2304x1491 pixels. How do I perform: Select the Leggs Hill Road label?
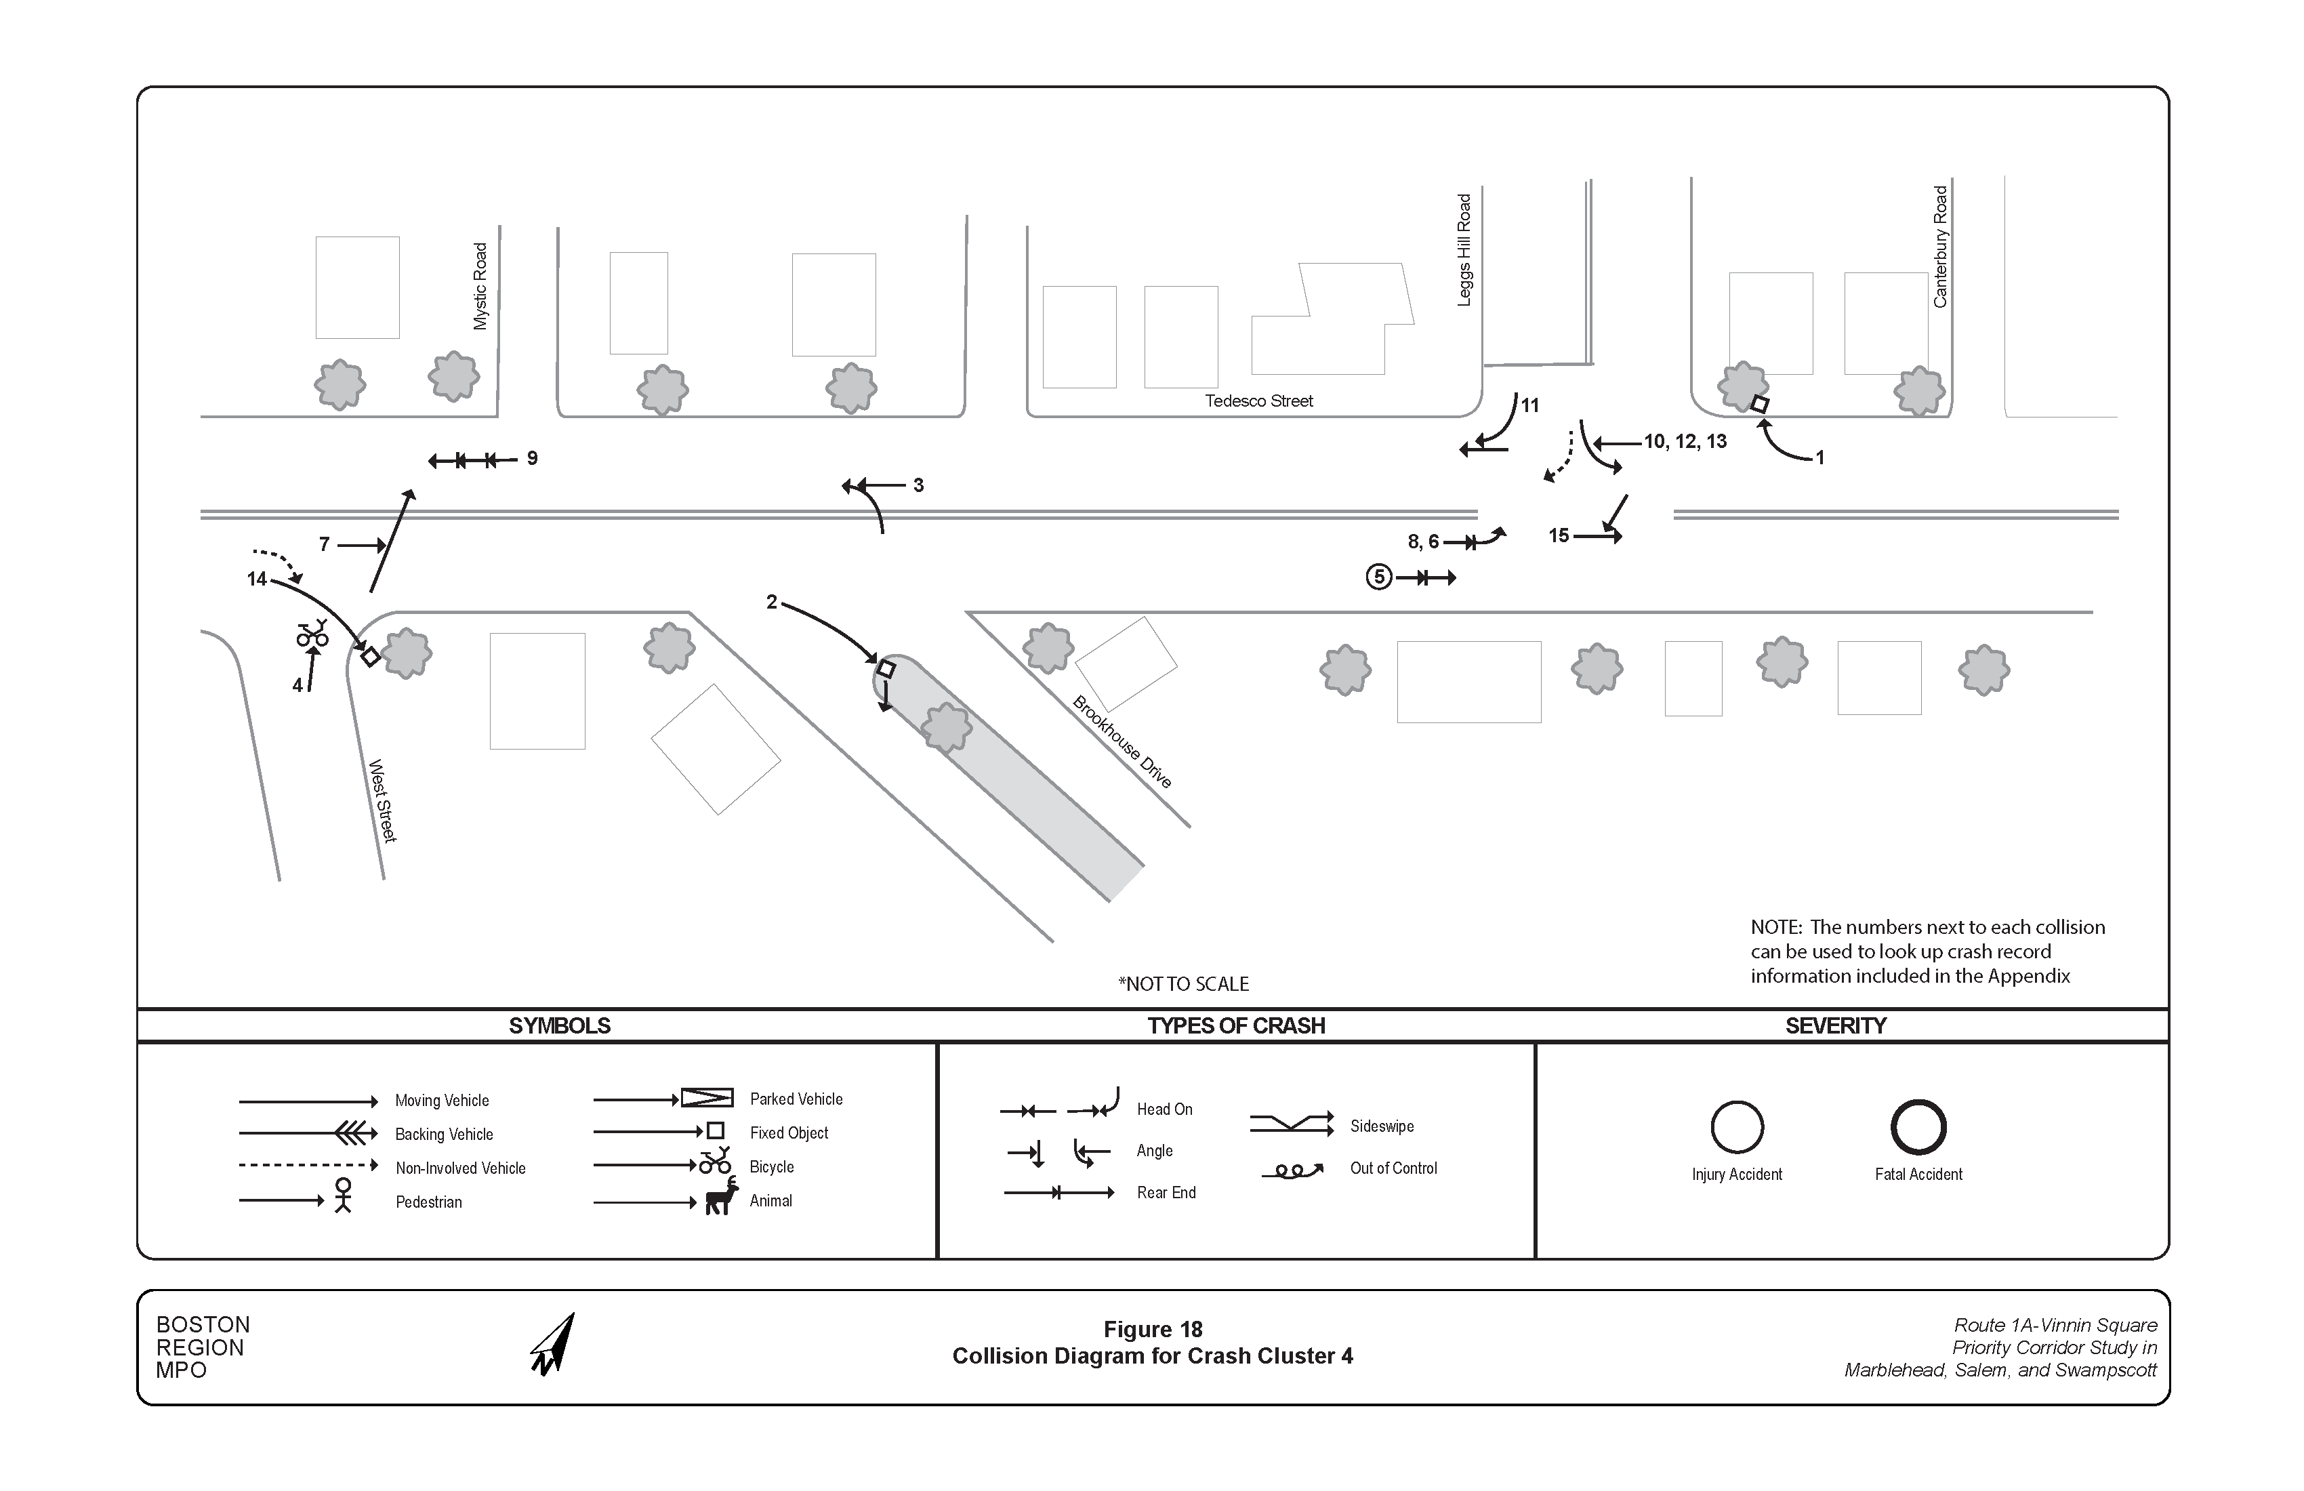click(x=1464, y=251)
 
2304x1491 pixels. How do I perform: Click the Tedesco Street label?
click(x=1258, y=401)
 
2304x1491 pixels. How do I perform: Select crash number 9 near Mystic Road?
click(x=531, y=459)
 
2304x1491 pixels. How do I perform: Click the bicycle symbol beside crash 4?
click(x=312, y=634)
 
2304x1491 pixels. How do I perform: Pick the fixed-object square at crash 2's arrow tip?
click(x=886, y=669)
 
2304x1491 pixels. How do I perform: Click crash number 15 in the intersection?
click(x=1558, y=535)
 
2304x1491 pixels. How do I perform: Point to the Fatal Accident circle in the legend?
click(x=1918, y=1127)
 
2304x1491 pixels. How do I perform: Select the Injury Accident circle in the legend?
click(x=1737, y=1127)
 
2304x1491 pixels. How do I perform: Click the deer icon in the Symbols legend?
click(x=721, y=1198)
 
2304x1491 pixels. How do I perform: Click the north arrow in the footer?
click(x=554, y=1345)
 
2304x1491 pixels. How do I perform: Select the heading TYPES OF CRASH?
click(x=1235, y=1026)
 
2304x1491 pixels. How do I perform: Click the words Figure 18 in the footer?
click(x=1152, y=1329)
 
